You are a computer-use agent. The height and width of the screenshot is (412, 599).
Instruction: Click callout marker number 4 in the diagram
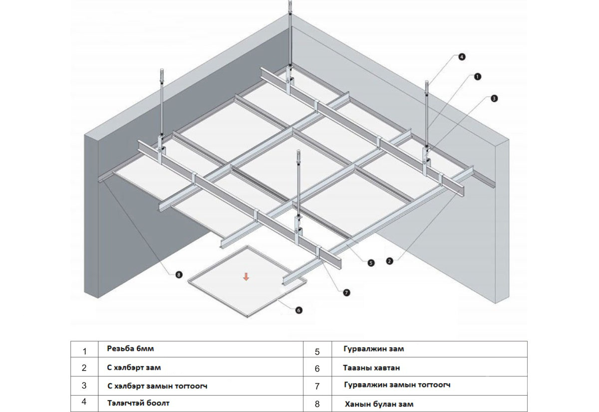pyautogui.click(x=461, y=57)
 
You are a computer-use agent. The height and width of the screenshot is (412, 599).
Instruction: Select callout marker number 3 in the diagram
pyautogui.click(x=493, y=99)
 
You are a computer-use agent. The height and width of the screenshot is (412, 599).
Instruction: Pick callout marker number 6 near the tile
pyautogui.click(x=299, y=310)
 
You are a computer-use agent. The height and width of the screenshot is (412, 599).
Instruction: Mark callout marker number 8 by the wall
pyautogui.click(x=178, y=274)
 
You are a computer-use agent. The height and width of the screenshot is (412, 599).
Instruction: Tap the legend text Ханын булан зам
pyautogui.click(x=378, y=404)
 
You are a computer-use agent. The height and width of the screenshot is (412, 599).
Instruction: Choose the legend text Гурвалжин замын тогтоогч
pyautogui.click(x=398, y=385)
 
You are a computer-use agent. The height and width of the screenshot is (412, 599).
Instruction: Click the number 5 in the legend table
pyautogui.click(x=317, y=352)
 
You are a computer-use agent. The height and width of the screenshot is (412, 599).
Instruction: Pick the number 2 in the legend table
pyautogui.click(x=84, y=368)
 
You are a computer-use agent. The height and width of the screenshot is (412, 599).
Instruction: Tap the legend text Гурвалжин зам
pyautogui.click(x=373, y=349)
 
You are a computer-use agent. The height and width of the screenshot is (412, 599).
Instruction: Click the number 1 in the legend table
pyautogui.click(x=84, y=351)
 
